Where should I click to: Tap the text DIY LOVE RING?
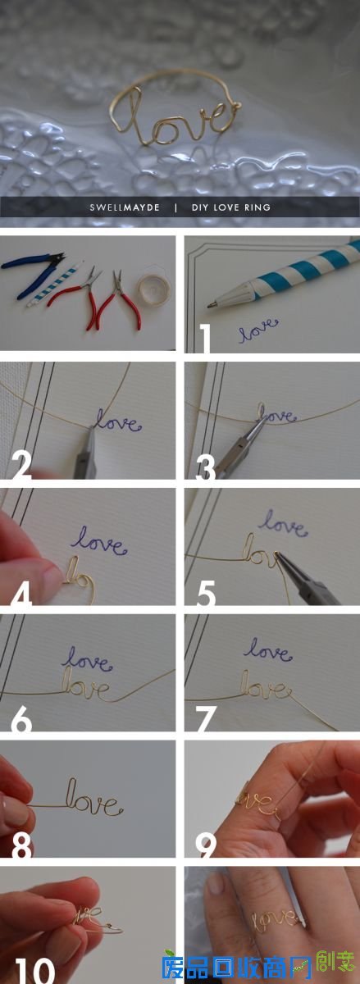230,207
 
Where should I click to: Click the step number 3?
205,465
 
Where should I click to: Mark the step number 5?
205,592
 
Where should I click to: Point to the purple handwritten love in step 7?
267,651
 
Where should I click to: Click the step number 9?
206,845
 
